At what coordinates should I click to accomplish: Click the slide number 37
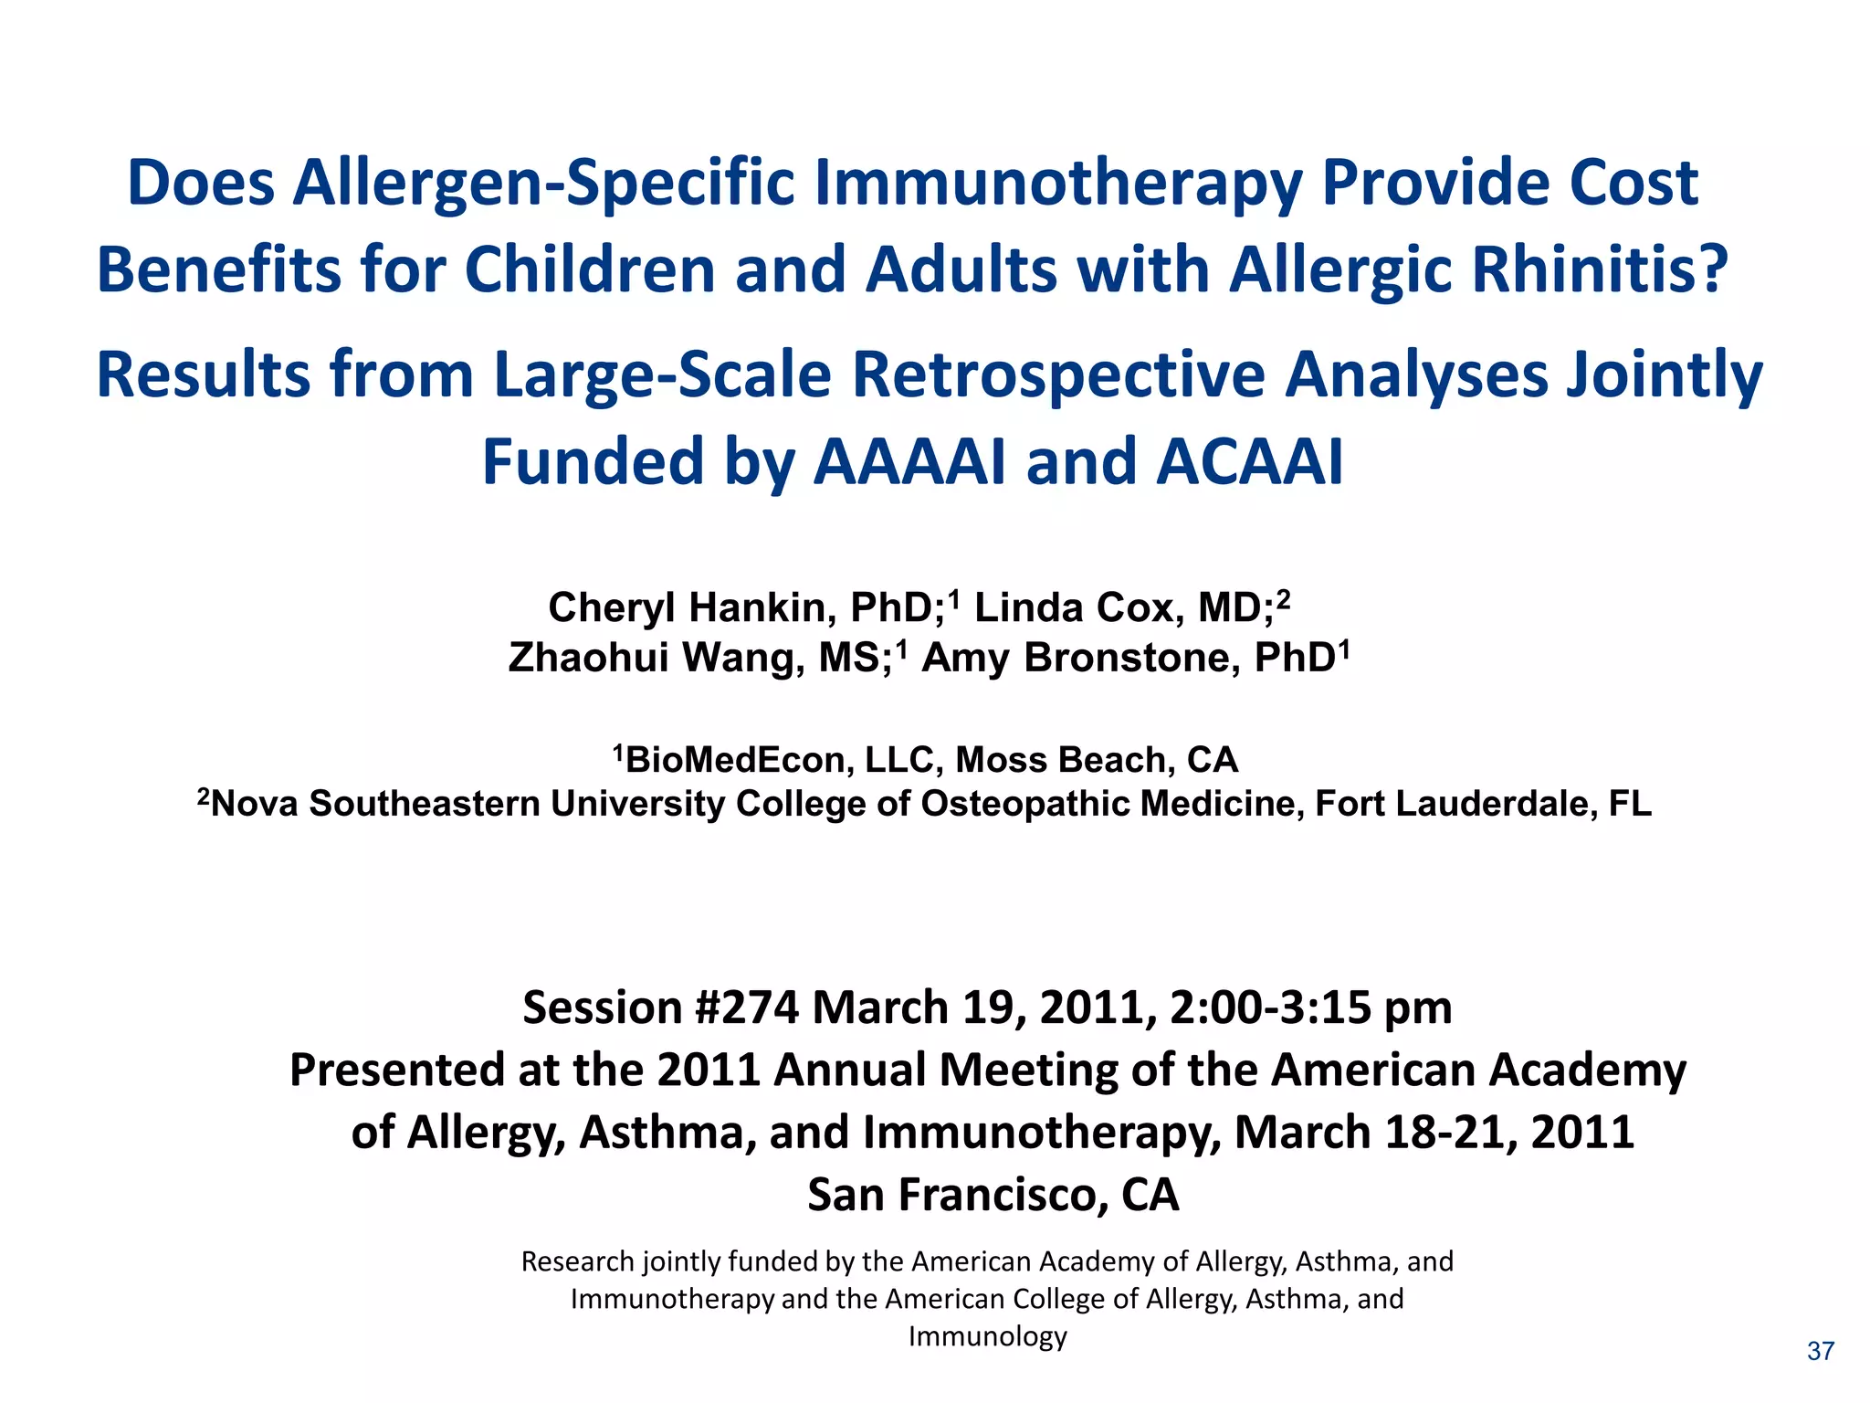[1820, 1351]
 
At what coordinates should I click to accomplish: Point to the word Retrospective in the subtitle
[1057, 375]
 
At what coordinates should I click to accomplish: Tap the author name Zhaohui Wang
[654, 658]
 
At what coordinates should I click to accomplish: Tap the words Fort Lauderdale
[1455, 804]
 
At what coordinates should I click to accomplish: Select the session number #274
[747, 1008]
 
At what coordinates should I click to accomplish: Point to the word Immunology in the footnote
[987, 1337]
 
